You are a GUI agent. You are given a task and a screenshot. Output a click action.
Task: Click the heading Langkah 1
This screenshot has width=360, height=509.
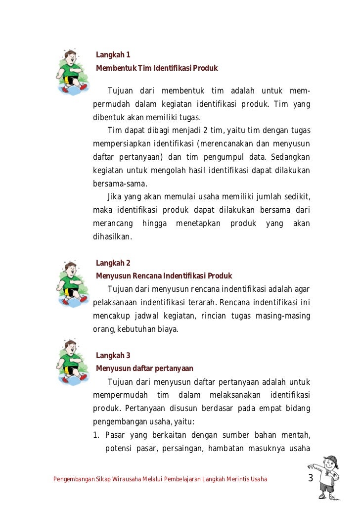click(x=113, y=55)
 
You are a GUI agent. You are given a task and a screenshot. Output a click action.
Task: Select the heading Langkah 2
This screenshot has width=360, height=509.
click(x=113, y=263)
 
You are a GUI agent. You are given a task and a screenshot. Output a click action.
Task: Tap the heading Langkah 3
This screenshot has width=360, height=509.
click(x=113, y=355)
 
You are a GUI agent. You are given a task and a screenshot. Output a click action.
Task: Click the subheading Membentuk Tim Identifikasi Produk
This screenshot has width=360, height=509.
click(x=157, y=68)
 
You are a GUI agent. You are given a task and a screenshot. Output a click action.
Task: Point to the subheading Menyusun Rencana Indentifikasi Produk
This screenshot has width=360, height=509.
click(x=164, y=276)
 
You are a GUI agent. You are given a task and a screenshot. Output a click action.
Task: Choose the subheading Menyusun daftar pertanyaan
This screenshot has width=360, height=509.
click(x=144, y=368)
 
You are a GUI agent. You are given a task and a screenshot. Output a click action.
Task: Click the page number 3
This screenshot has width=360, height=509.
click(x=311, y=478)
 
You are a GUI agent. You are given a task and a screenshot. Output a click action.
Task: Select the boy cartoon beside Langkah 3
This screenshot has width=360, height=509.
click(x=72, y=361)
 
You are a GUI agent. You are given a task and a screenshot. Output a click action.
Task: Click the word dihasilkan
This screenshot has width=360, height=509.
click(x=112, y=236)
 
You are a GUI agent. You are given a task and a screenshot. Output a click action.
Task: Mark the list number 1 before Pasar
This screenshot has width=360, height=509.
click(x=96, y=435)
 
